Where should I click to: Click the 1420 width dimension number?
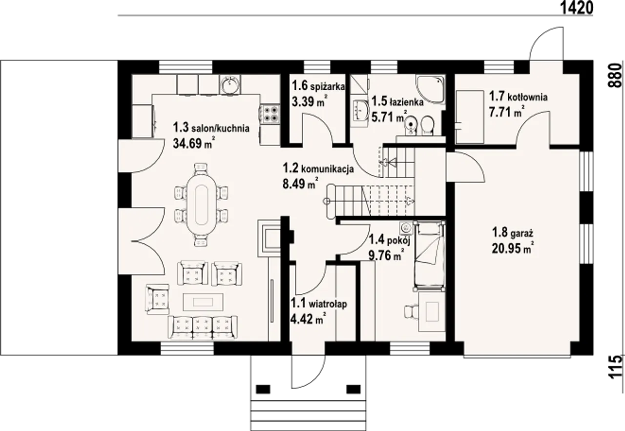point(576,8)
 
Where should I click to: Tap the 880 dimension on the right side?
point(615,76)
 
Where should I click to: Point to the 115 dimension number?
point(615,367)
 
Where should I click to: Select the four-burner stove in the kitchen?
point(271,114)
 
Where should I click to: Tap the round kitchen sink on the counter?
point(229,84)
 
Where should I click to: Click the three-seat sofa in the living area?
point(203,327)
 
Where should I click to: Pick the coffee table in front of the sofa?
point(203,302)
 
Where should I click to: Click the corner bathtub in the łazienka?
point(430,89)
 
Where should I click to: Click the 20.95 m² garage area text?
point(513,247)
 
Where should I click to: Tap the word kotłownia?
point(528,97)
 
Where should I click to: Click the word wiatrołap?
point(328,304)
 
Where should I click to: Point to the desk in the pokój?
point(432,311)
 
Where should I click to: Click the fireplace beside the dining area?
point(269,238)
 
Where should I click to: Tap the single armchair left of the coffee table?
point(158,299)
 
